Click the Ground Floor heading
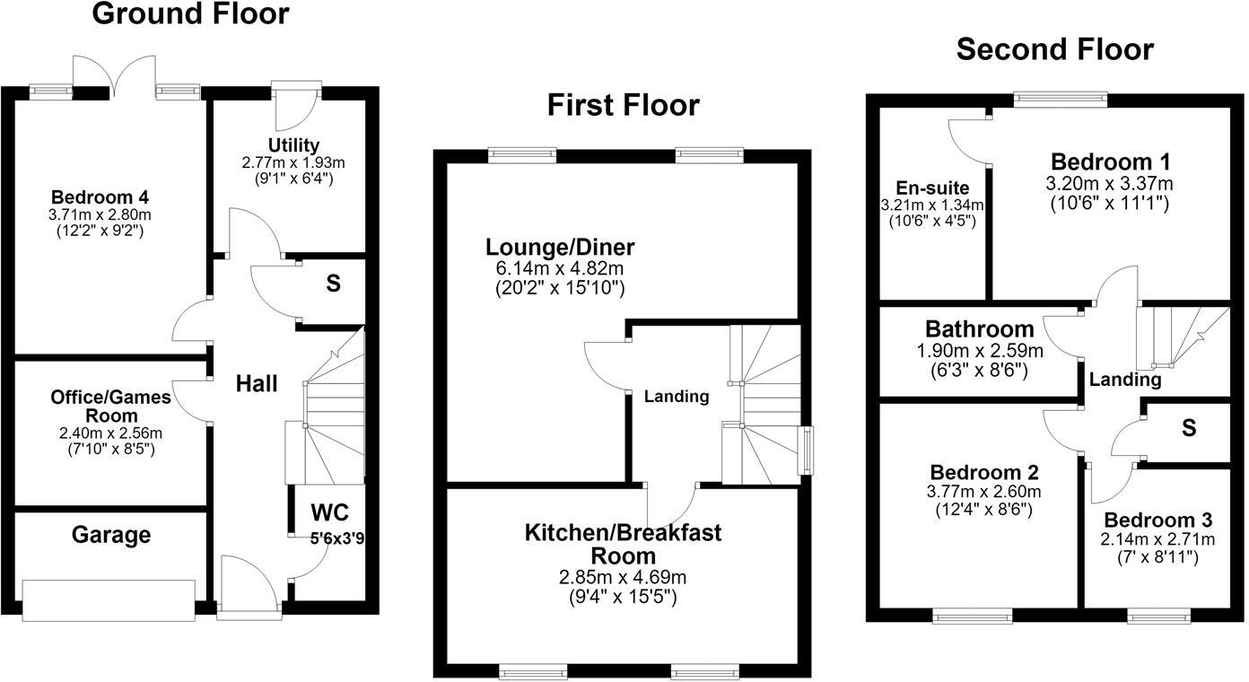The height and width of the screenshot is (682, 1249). tap(191, 13)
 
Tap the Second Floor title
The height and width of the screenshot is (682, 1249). tap(1055, 49)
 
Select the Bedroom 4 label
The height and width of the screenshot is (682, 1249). tap(100, 197)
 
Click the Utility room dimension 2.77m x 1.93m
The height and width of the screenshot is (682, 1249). tap(293, 162)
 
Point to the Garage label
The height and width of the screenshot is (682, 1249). tap(111, 535)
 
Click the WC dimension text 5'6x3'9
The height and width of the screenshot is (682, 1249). tap(337, 538)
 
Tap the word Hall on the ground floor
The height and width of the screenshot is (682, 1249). tap(257, 384)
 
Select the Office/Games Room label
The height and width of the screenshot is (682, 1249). tap(111, 406)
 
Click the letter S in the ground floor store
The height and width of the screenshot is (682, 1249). tap(333, 284)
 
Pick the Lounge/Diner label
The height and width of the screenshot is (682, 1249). tap(560, 247)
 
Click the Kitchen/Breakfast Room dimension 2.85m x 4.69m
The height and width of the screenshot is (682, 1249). tap(623, 577)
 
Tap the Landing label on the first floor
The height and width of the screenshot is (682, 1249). tap(677, 397)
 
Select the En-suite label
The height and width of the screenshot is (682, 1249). tap(932, 188)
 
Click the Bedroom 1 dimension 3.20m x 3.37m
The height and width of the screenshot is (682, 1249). tap(1109, 183)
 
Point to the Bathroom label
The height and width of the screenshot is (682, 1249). tap(980, 329)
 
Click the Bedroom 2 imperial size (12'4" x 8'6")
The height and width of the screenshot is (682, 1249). tap(984, 510)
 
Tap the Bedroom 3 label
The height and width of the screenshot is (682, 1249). tap(1158, 520)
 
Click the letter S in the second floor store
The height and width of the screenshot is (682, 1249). tap(1189, 428)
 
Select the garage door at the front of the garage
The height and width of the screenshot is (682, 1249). tap(109, 600)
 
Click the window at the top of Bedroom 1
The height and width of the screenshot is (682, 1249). tap(1060, 100)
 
